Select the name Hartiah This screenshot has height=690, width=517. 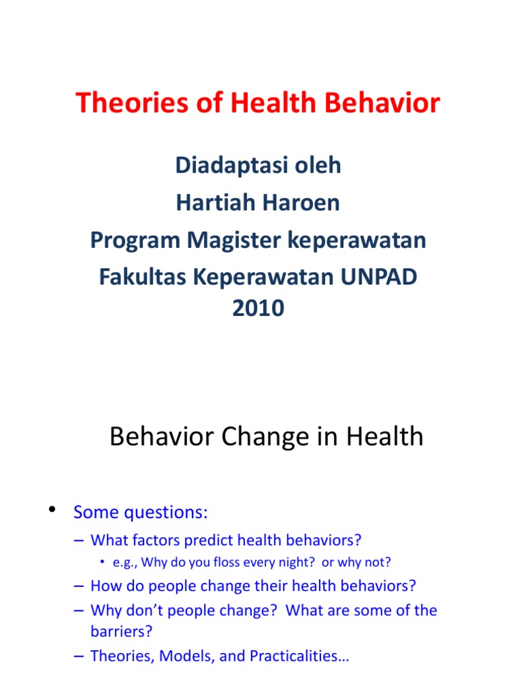coord(213,203)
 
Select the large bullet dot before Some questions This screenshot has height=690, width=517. coord(52,509)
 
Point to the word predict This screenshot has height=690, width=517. coord(211,540)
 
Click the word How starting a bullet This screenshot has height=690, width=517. coord(105,586)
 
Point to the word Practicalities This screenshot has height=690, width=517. coord(297,656)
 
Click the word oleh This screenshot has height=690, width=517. coord(318,166)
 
